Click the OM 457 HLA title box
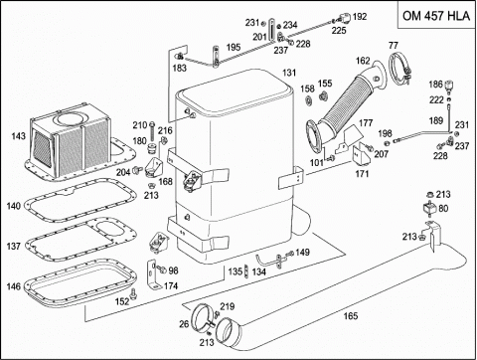point(436,15)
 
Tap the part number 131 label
point(289,73)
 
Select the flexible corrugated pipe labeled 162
point(345,105)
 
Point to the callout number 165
point(351,316)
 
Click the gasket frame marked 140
point(80,201)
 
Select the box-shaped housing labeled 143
point(71,136)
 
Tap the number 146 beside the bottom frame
point(14,286)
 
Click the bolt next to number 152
point(133,293)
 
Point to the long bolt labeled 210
point(152,132)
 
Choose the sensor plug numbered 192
point(344,17)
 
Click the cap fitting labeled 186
point(449,86)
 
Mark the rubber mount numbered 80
point(430,209)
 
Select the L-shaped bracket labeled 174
point(153,274)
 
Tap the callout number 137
point(14,247)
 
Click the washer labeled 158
point(309,100)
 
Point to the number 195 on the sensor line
point(234,47)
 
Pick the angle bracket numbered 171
point(361,154)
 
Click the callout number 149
point(302,253)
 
